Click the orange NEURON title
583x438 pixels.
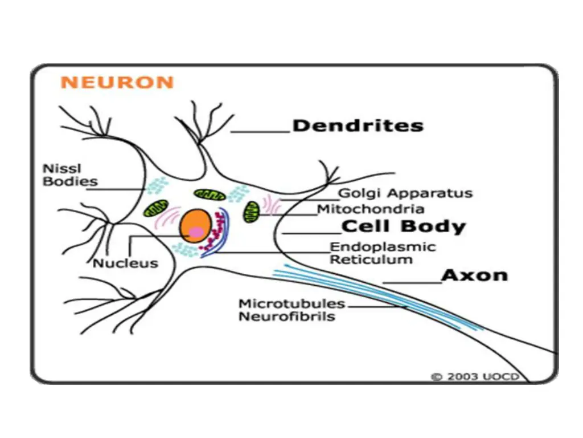(x=117, y=83)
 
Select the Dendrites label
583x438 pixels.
(x=358, y=125)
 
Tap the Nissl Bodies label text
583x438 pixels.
(x=70, y=175)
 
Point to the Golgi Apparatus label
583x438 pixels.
(x=405, y=193)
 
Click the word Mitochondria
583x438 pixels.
(x=370, y=209)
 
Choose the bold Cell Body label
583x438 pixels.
(x=403, y=227)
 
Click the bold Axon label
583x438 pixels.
(x=474, y=275)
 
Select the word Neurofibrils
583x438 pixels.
(x=286, y=317)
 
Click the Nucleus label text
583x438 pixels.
(x=125, y=263)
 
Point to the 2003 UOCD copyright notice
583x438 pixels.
(x=474, y=377)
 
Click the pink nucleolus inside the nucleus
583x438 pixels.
(x=196, y=232)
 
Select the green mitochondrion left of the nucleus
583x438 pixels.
(x=155, y=208)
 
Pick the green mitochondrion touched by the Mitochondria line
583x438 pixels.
(x=251, y=212)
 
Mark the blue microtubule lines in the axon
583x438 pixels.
(x=370, y=297)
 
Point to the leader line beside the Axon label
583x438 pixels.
(x=412, y=282)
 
